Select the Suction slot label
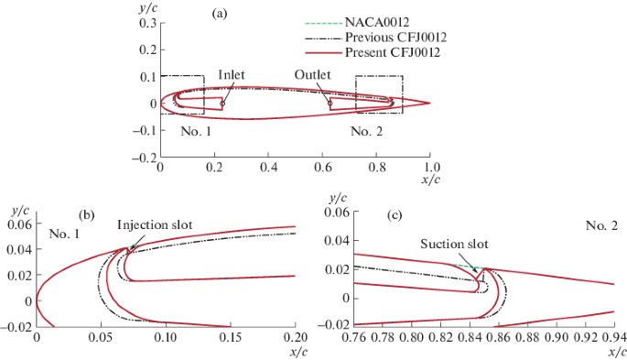point(455,245)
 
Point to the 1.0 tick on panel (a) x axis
point(429,168)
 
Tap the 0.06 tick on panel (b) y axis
point(19,224)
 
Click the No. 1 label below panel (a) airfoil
point(195,131)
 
